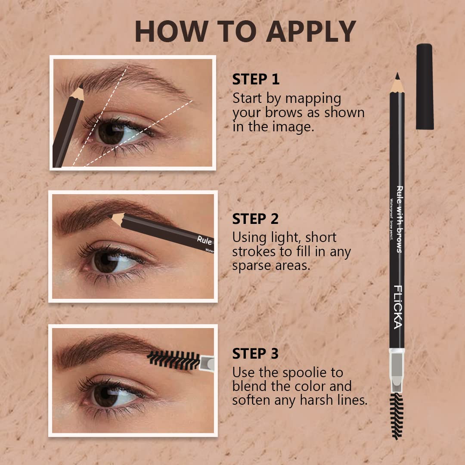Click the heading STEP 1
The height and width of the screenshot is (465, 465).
(x=256, y=80)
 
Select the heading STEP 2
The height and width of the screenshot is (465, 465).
(x=256, y=219)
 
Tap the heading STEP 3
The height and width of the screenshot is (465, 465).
(x=256, y=354)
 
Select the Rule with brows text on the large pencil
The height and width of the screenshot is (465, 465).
(x=400, y=219)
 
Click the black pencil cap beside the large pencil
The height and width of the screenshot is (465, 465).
(x=425, y=86)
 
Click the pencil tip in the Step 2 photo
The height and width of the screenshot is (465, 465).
(x=115, y=218)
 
